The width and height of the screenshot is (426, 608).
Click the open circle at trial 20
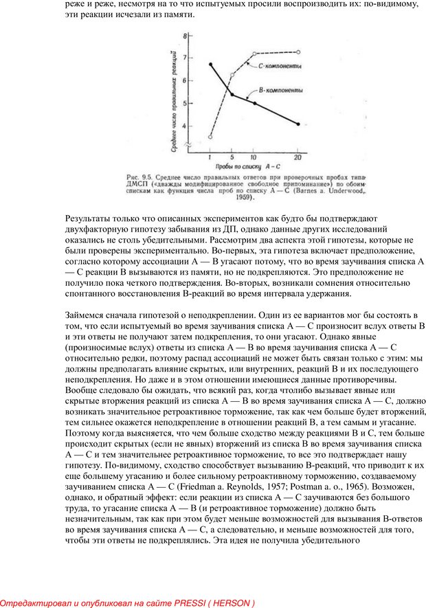(298, 52)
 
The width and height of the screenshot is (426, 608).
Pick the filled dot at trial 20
(298, 124)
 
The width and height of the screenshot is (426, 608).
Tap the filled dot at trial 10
(254, 104)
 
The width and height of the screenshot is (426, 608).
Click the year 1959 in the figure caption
(240, 199)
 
